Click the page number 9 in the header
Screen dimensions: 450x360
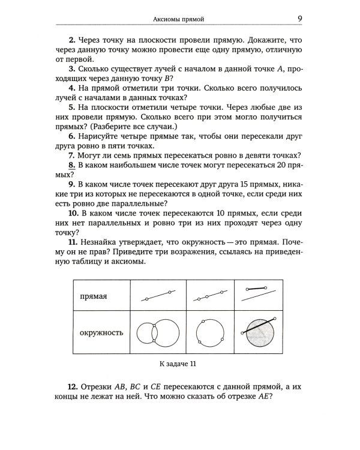point(299,19)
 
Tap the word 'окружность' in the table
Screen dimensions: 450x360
point(101,331)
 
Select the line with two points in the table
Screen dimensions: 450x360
point(158,296)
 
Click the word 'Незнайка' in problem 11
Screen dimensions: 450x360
point(102,242)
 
